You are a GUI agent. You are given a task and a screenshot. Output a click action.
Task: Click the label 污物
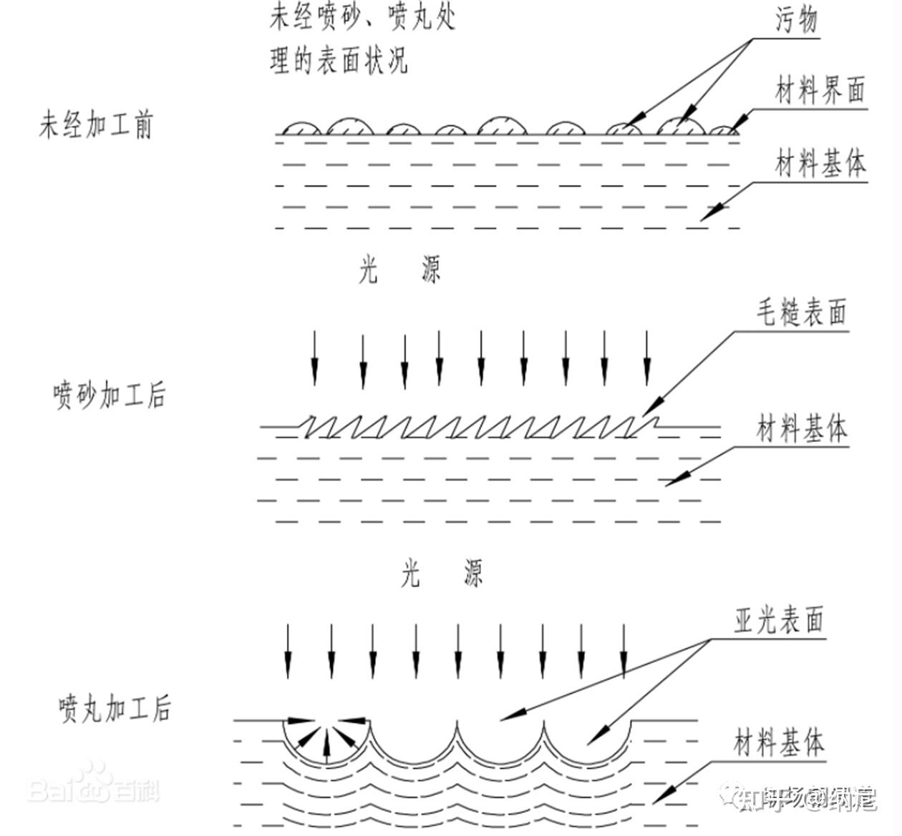[x=796, y=20]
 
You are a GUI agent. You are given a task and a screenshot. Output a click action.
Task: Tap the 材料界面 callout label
[x=820, y=92]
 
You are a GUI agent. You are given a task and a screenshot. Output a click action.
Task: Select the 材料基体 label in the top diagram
[x=820, y=164]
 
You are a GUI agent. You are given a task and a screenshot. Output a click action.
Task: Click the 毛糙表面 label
[x=802, y=313]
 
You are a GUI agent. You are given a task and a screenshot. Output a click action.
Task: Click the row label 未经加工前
[x=95, y=125]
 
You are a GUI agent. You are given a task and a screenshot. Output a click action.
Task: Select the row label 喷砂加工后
[x=109, y=395]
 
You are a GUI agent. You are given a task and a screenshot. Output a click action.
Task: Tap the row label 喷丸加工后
[x=115, y=708]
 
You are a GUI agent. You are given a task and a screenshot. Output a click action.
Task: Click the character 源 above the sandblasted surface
[x=431, y=270]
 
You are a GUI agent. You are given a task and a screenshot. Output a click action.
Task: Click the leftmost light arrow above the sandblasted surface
[x=314, y=358]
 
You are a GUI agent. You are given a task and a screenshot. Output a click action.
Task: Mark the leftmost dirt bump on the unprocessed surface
[x=301, y=128]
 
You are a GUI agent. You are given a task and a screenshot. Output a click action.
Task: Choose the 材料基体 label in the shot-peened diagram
[x=779, y=743]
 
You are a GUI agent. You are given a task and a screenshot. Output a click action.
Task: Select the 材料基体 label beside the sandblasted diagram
[x=802, y=429]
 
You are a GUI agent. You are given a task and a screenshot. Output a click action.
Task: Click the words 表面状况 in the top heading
[x=364, y=61]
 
